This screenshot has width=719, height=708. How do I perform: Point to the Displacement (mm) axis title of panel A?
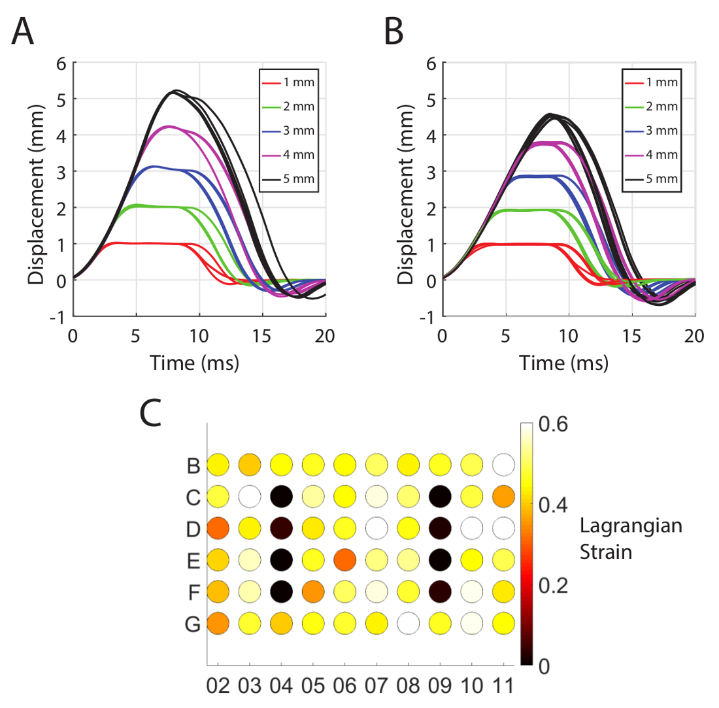coord(36,190)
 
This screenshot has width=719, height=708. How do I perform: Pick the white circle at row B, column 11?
coord(504,465)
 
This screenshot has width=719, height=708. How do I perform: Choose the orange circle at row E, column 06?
coord(345,558)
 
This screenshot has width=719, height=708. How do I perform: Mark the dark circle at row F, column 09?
coord(441,590)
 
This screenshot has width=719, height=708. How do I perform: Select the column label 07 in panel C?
coord(377,686)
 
